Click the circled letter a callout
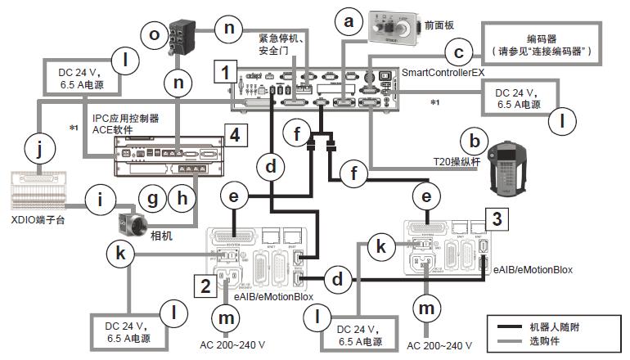(x=350, y=24)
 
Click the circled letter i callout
(x=100, y=197)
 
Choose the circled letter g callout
(x=153, y=197)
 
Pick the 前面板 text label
(x=441, y=26)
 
